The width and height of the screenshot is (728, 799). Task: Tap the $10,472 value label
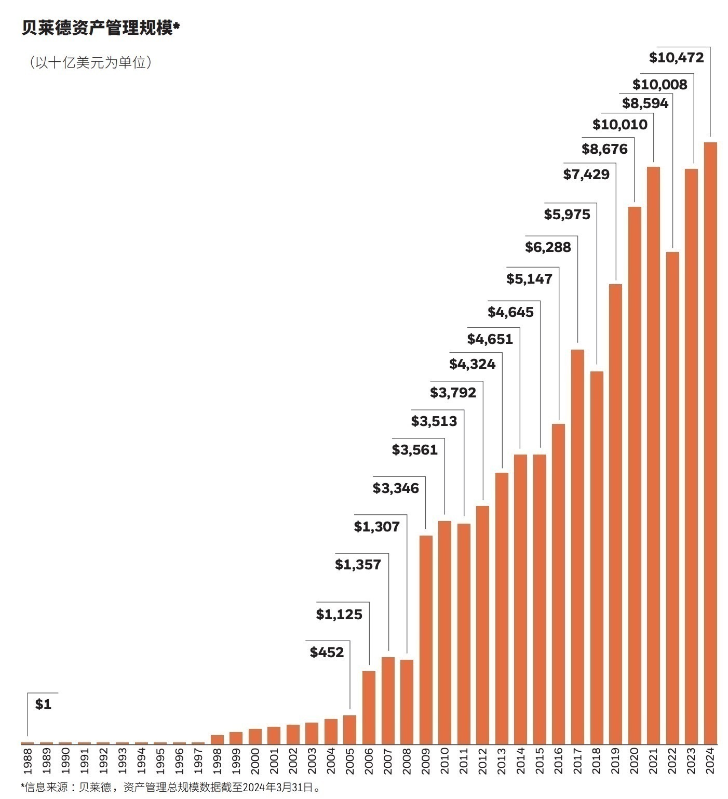coord(676,57)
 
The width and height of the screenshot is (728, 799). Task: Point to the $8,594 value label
coord(645,103)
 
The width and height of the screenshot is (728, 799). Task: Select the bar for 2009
coord(426,639)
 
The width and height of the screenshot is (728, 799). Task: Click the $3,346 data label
coord(396,488)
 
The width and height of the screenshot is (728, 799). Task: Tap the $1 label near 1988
coord(43,704)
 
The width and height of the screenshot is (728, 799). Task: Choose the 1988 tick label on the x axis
coord(28,761)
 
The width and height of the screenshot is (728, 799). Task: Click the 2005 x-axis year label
coord(350,761)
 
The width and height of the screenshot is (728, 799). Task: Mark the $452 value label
coord(327,652)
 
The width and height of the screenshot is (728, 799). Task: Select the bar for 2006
coord(369,707)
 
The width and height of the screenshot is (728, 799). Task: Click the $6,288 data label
coord(548,247)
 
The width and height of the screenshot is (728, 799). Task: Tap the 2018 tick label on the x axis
coord(597,761)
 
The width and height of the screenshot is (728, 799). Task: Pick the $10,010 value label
coord(620,125)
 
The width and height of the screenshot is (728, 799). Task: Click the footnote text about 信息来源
coord(171,788)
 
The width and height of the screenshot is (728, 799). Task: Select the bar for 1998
coord(217,739)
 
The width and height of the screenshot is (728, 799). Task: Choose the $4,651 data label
coord(490,339)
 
